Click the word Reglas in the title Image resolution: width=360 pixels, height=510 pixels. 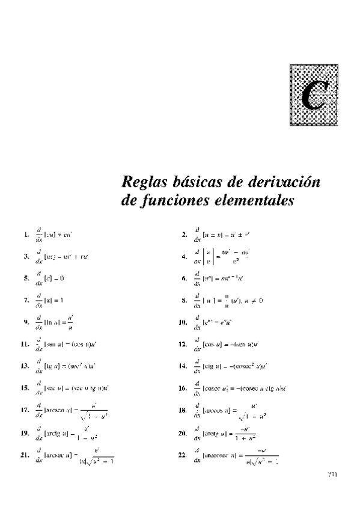click(x=142, y=182)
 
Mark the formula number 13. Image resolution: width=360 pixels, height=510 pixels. click(x=25, y=366)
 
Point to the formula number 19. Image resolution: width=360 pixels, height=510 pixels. click(x=25, y=432)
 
